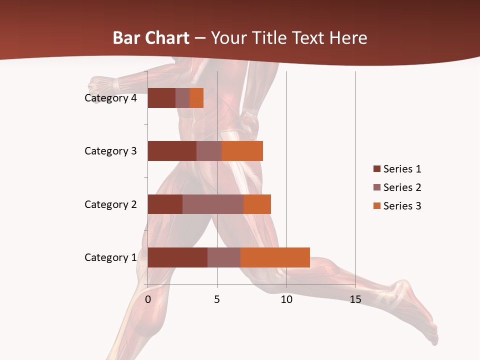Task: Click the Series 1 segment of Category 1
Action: click(177, 257)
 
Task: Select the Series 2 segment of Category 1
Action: click(224, 257)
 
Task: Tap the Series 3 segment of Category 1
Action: click(275, 257)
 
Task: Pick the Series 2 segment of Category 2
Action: click(213, 204)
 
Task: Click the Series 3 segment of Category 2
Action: click(257, 204)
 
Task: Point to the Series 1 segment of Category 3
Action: click(172, 151)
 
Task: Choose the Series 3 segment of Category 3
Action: click(242, 151)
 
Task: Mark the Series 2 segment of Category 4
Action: click(182, 98)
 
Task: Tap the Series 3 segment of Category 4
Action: click(196, 98)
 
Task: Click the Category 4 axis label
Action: click(110, 98)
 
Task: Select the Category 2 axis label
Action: click(110, 204)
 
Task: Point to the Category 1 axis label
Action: click(110, 257)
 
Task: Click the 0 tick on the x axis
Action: click(148, 299)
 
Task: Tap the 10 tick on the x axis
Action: click(286, 299)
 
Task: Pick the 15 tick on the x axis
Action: click(355, 299)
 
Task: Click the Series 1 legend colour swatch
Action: click(376, 169)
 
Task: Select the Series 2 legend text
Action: click(402, 187)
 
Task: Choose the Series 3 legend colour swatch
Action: click(376, 206)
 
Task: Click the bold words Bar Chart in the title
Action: click(151, 38)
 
